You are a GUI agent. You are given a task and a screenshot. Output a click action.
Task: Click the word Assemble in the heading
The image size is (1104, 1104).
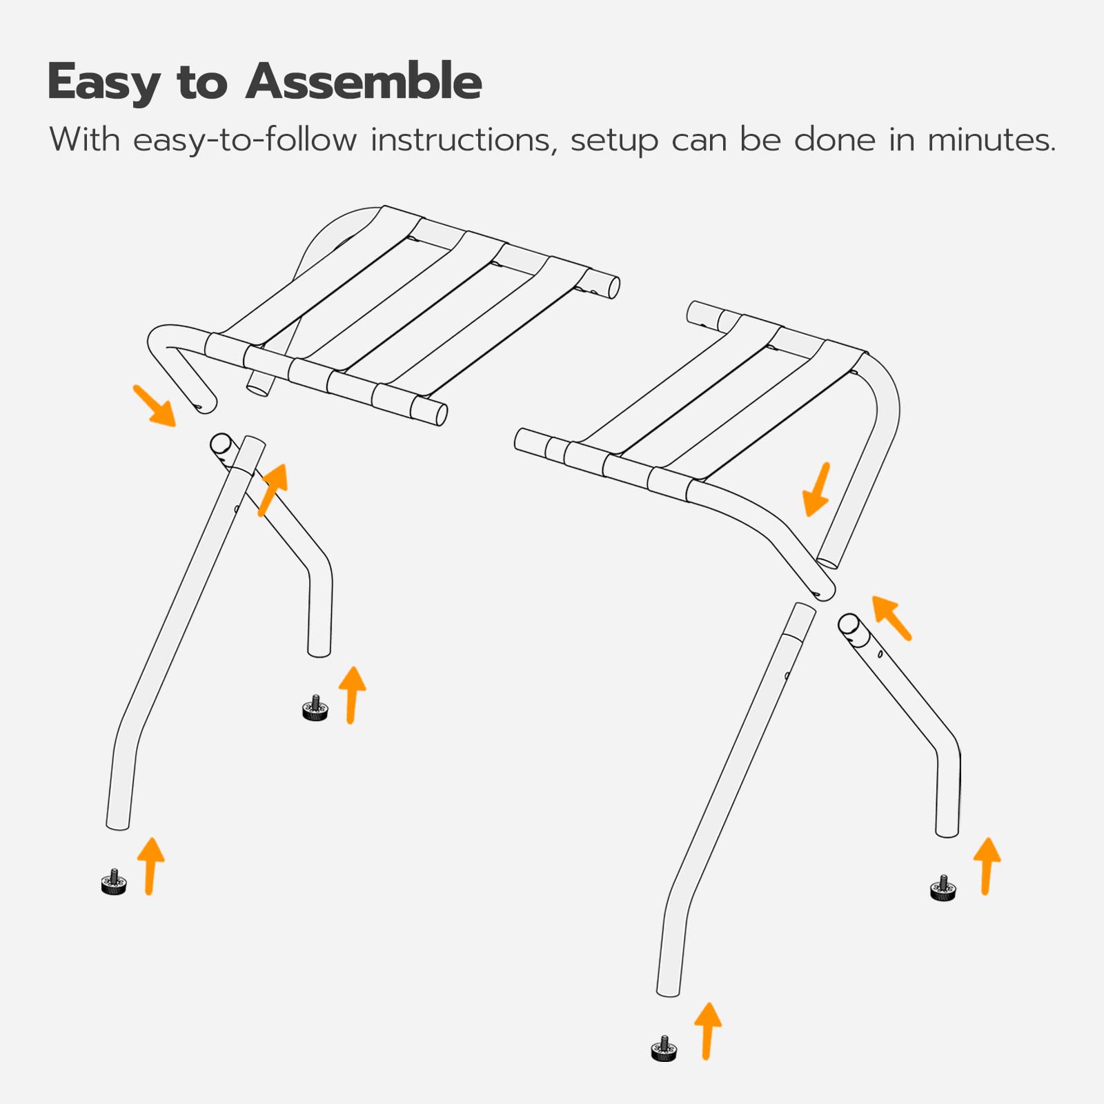pyautogui.click(x=364, y=82)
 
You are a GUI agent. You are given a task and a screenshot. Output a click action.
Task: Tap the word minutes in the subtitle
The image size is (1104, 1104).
pyautogui.click(x=991, y=140)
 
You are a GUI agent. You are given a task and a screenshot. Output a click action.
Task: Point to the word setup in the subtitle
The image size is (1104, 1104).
pyautogui.click(x=614, y=141)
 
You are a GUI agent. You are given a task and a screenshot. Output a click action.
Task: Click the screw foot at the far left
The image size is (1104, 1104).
pyautogui.click(x=114, y=883)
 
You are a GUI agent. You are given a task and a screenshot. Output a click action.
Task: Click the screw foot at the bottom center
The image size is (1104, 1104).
pyautogui.click(x=664, y=1049)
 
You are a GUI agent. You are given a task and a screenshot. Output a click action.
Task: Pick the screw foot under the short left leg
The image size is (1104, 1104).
pyautogui.click(x=315, y=709)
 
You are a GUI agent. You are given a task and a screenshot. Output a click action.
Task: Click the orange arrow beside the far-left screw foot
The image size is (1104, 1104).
pyautogui.click(x=150, y=866)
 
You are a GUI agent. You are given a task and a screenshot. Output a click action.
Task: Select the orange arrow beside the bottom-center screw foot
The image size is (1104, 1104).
pyautogui.click(x=707, y=1031)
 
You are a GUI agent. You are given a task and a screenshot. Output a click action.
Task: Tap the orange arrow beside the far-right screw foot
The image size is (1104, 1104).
pyautogui.click(x=987, y=866)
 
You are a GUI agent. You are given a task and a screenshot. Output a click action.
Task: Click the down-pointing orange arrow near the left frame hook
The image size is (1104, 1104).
pyautogui.click(x=155, y=406)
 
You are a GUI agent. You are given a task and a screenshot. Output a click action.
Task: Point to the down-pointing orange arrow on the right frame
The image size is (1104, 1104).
pyautogui.click(x=818, y=490)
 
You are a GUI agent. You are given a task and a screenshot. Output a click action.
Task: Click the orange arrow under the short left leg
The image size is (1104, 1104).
pyautogui.click(x=352, y=694)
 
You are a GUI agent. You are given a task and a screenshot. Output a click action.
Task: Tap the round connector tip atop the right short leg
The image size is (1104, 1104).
pyautogui.click(x=849, y=624)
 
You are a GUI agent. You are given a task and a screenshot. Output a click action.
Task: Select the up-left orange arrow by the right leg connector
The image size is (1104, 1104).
pyautogui.click(x=891, y=617)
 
